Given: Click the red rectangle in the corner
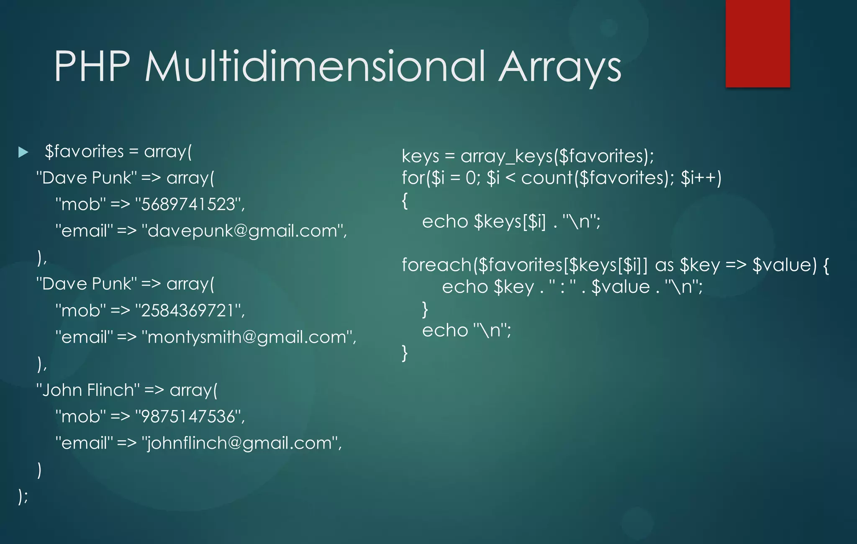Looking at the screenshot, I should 757,44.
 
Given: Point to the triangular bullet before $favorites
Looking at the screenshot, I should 23,152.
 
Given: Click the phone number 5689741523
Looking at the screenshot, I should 189,205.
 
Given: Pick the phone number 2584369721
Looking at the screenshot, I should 189,311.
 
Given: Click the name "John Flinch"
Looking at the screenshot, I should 87,390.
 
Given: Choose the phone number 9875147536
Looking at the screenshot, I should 189,417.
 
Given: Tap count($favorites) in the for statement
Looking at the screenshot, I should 596,178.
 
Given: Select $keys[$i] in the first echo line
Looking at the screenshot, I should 510,222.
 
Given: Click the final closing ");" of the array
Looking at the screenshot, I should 23,496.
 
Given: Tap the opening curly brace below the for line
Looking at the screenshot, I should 405,201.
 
